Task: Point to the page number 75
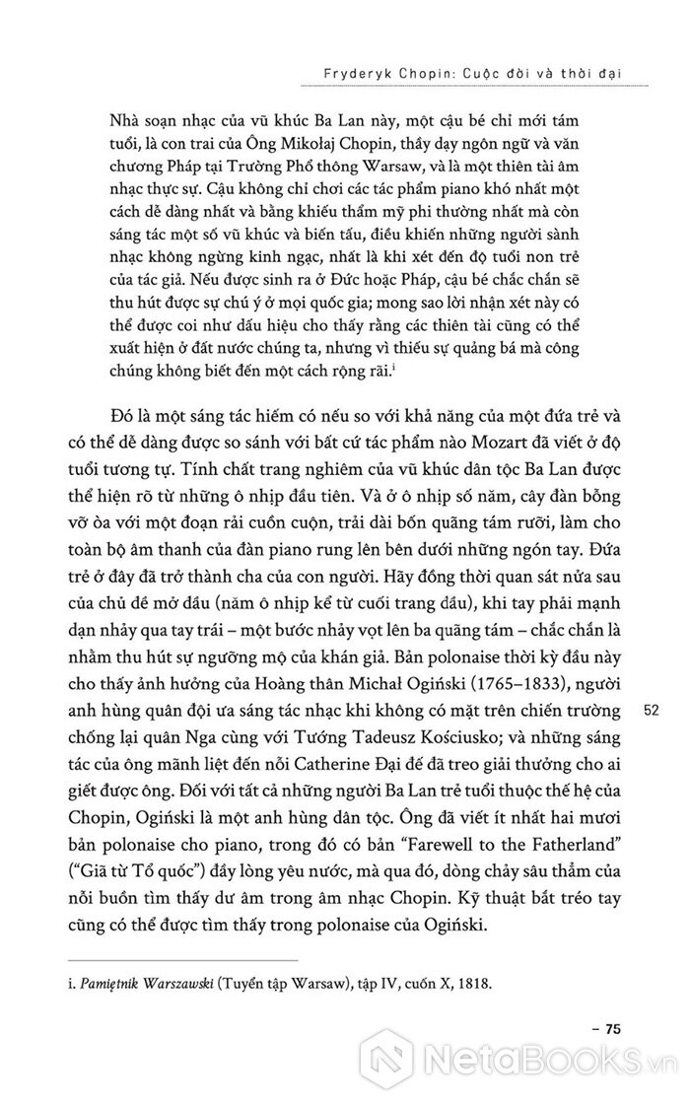pos(611,1029)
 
